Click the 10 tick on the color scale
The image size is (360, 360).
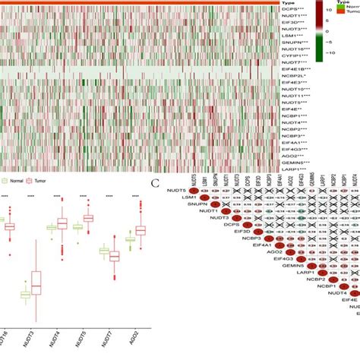(x=330, y=11)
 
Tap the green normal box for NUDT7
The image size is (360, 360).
(x=104, y=251)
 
